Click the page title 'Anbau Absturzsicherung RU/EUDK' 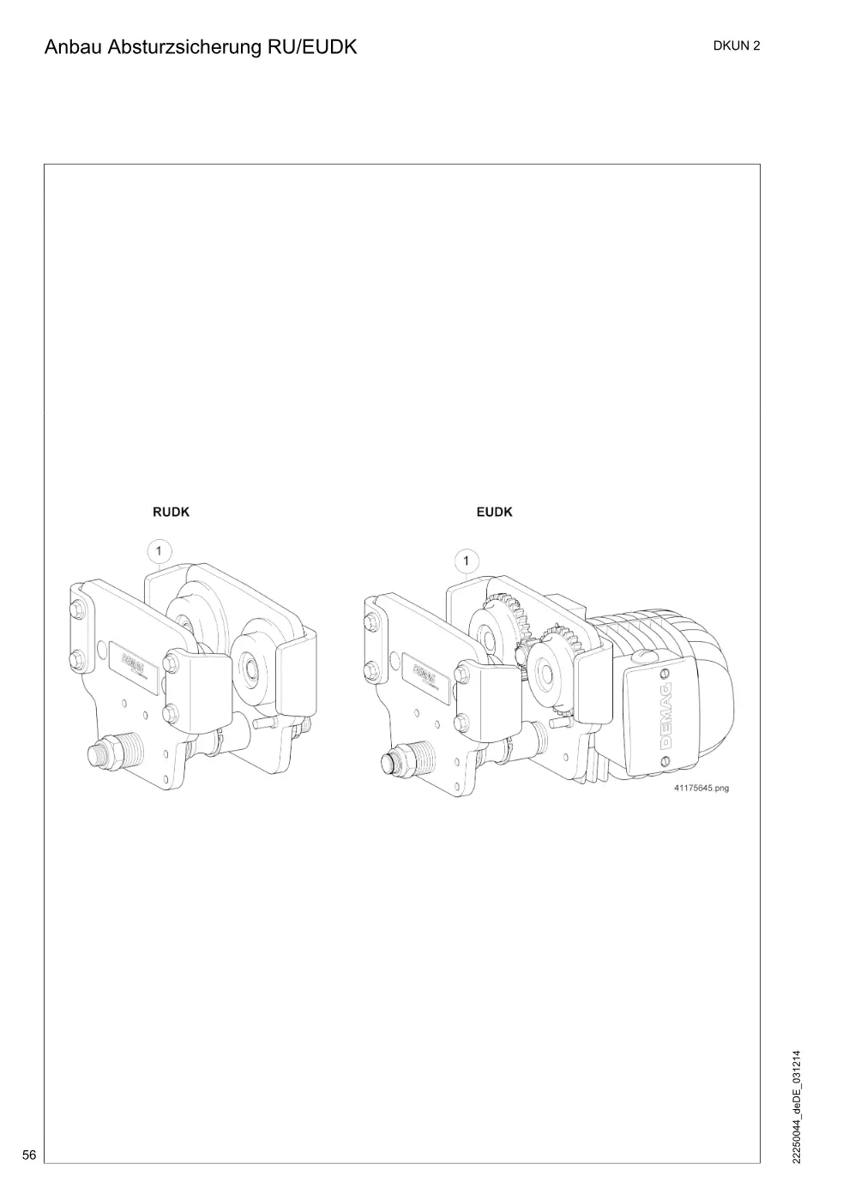click(201, 47)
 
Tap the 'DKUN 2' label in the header click(736, 46)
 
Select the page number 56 click(29, 1154)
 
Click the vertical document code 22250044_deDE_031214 click(796, 1107)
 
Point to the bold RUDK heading click(171, 513)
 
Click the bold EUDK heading click(494, 513)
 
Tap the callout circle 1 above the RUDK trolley click(159, 551)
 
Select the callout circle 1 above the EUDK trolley click(466, 561)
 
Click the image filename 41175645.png click(701, 788)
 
